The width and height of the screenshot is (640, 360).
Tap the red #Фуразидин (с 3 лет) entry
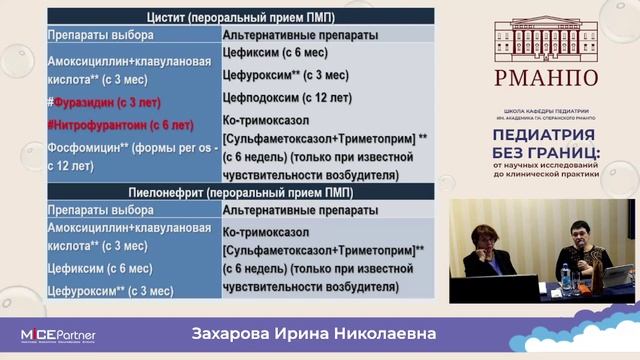pyautogui.click(x=105, y=103)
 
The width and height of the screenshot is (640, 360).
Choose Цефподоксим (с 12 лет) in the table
pyautogui.click(x=288, y=97)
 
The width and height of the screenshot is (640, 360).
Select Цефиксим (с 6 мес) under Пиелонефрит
pyautogui.click(x=99, y=269)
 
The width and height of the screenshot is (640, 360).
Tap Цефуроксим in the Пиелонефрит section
pyautogui.click(x=86, y=290)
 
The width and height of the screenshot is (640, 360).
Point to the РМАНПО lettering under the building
pyautogui.click(x=545, y=79)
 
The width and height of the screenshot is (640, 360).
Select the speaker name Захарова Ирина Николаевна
pyautogui.click(x=319, y=332)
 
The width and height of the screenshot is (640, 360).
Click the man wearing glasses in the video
pyautogui.click(x=583, y=249)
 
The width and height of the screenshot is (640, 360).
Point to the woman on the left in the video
pyautogui.click(x=487, y=253)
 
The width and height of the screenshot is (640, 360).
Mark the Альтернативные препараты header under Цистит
pyautogui.click(x=299, y=35)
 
